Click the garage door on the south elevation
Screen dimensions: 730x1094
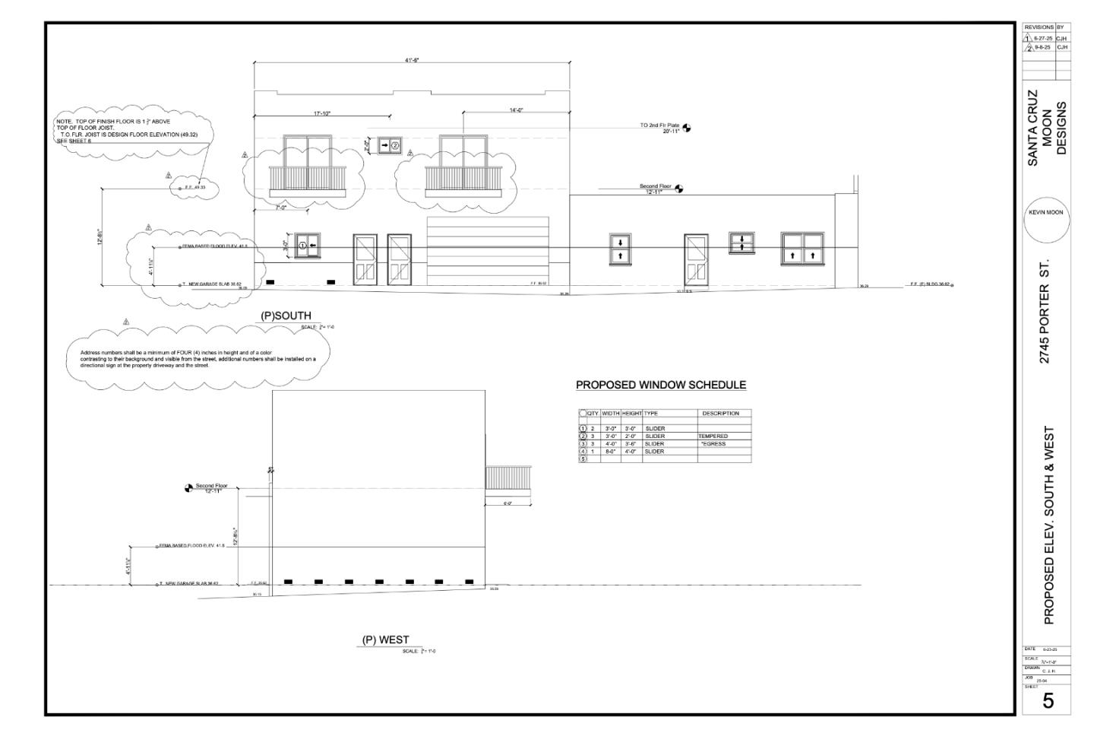tap(487, 251)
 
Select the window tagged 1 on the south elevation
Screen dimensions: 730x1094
tap(308, 245)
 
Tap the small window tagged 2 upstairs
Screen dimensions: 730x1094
tap(390, 144)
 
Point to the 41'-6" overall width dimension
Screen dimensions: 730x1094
tap(412, 59)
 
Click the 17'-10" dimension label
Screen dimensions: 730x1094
tap(321, 114)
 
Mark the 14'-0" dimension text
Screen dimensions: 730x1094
tap(516, 110)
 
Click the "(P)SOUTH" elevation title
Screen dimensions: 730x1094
tap(286, 316)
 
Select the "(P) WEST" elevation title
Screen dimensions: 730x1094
tap(386, 640)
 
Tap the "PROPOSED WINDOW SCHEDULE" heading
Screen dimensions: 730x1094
tap(661, 385)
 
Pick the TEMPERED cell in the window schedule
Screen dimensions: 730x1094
tap(713, 436)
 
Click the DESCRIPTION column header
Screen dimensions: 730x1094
tap(720, 414)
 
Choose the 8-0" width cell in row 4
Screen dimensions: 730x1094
tap(610, 452)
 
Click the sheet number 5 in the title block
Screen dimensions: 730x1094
tap(1048, 701)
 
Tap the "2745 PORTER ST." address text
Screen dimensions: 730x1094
tap(1045, 312)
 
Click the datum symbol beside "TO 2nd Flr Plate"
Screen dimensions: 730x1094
tap(687, 128)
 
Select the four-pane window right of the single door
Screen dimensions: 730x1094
tap(802, 249)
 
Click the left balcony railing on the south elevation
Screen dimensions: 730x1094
tap(308, 179)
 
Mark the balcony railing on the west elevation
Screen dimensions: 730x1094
tap(508, 478)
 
